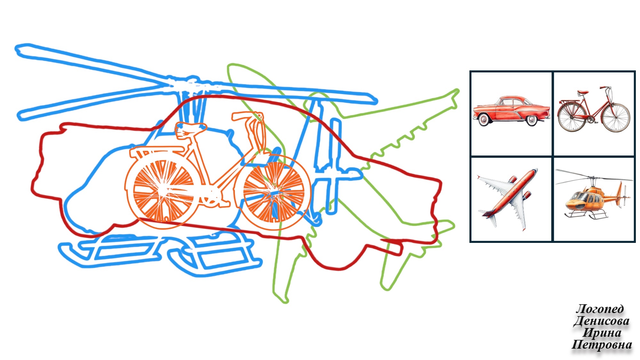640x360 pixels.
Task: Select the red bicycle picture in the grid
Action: click(x=594, y=109)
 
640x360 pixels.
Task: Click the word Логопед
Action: click(x=600, y=309)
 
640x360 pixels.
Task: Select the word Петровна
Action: click(x=602, y=345)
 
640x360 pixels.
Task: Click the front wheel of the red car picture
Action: click(x=484, y=120)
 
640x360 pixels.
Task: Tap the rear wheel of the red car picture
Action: click(x=531, y=120)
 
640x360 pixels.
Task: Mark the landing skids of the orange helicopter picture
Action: click(x=586, y=215)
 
